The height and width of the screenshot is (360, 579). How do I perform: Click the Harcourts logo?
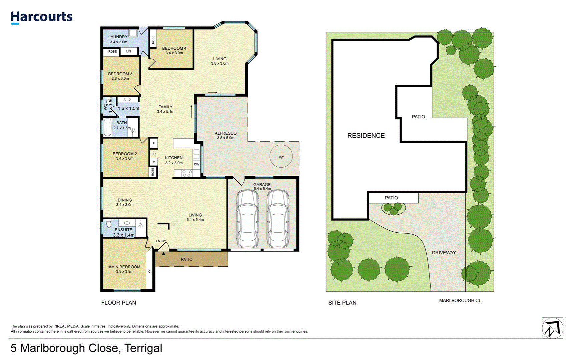pos(41,17)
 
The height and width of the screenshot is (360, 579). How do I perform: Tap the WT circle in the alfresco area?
pos(281,156)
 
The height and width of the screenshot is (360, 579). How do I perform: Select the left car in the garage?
pos(247,219)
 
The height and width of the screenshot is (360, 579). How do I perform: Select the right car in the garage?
pos(278,219)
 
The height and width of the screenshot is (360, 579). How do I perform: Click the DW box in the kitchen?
pos(197,164)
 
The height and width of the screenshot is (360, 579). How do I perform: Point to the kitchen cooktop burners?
pos(187,173)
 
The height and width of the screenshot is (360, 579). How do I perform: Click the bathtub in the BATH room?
pos(107,127)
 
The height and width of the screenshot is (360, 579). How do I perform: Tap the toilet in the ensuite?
pos(109,223)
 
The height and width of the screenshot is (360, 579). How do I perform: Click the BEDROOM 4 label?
pos(174,48)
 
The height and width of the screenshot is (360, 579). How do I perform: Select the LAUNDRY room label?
pos(118,37)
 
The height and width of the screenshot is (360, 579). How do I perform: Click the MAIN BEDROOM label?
pos(124,267)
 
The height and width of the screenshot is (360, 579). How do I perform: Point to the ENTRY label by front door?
pos(161,241)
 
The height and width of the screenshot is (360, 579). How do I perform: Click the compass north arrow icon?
pos(552,328)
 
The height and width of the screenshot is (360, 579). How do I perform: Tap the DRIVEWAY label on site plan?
pos(444,253)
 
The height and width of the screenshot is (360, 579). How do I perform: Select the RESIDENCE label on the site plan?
pos(366,136)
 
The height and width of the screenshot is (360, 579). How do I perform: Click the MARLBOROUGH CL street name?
pos(460,300)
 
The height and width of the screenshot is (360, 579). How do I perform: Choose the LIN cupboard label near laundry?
pos(129,51)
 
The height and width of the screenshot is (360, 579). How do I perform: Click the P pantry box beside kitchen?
pos(153,143)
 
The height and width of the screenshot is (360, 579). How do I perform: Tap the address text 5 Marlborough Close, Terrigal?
pos(86,348)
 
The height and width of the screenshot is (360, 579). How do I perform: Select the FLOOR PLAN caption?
pos(119,303)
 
